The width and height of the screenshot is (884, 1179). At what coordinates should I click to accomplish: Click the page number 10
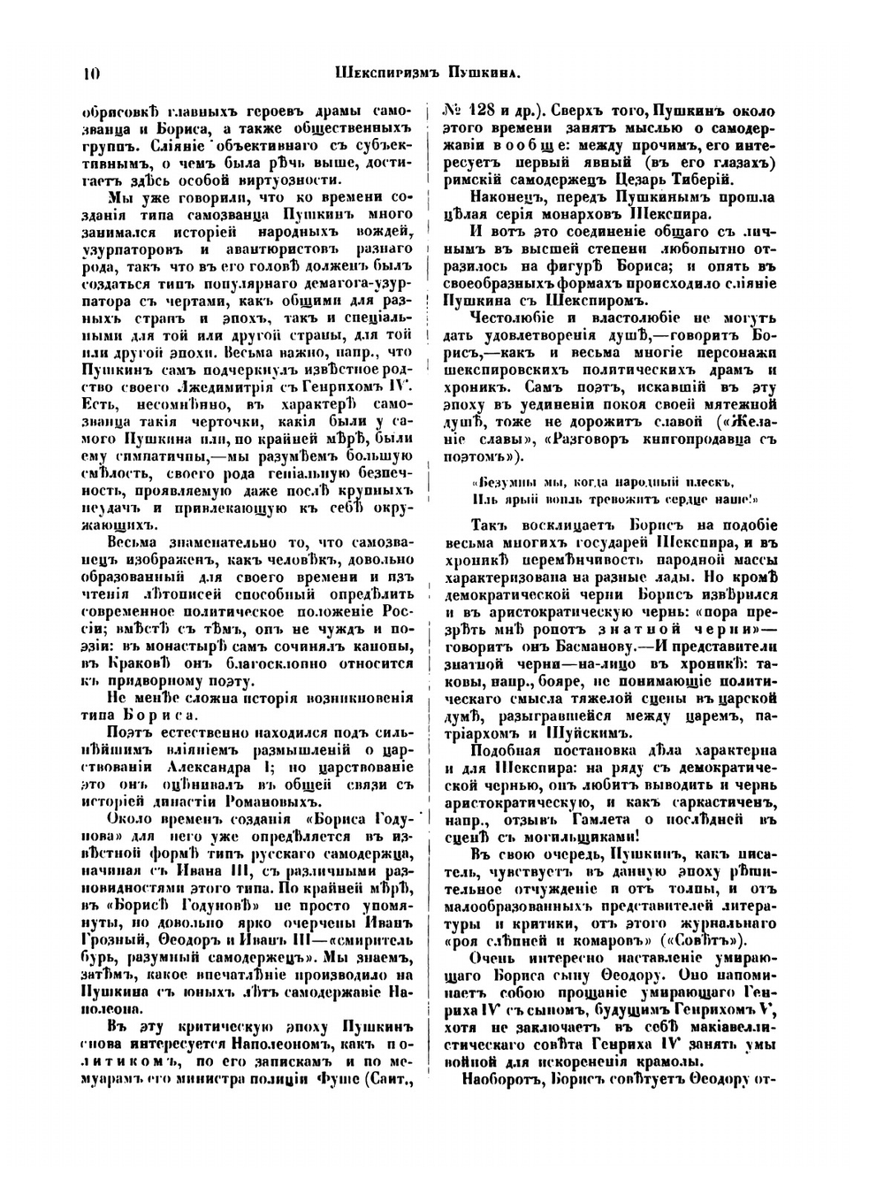coord(90,74)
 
